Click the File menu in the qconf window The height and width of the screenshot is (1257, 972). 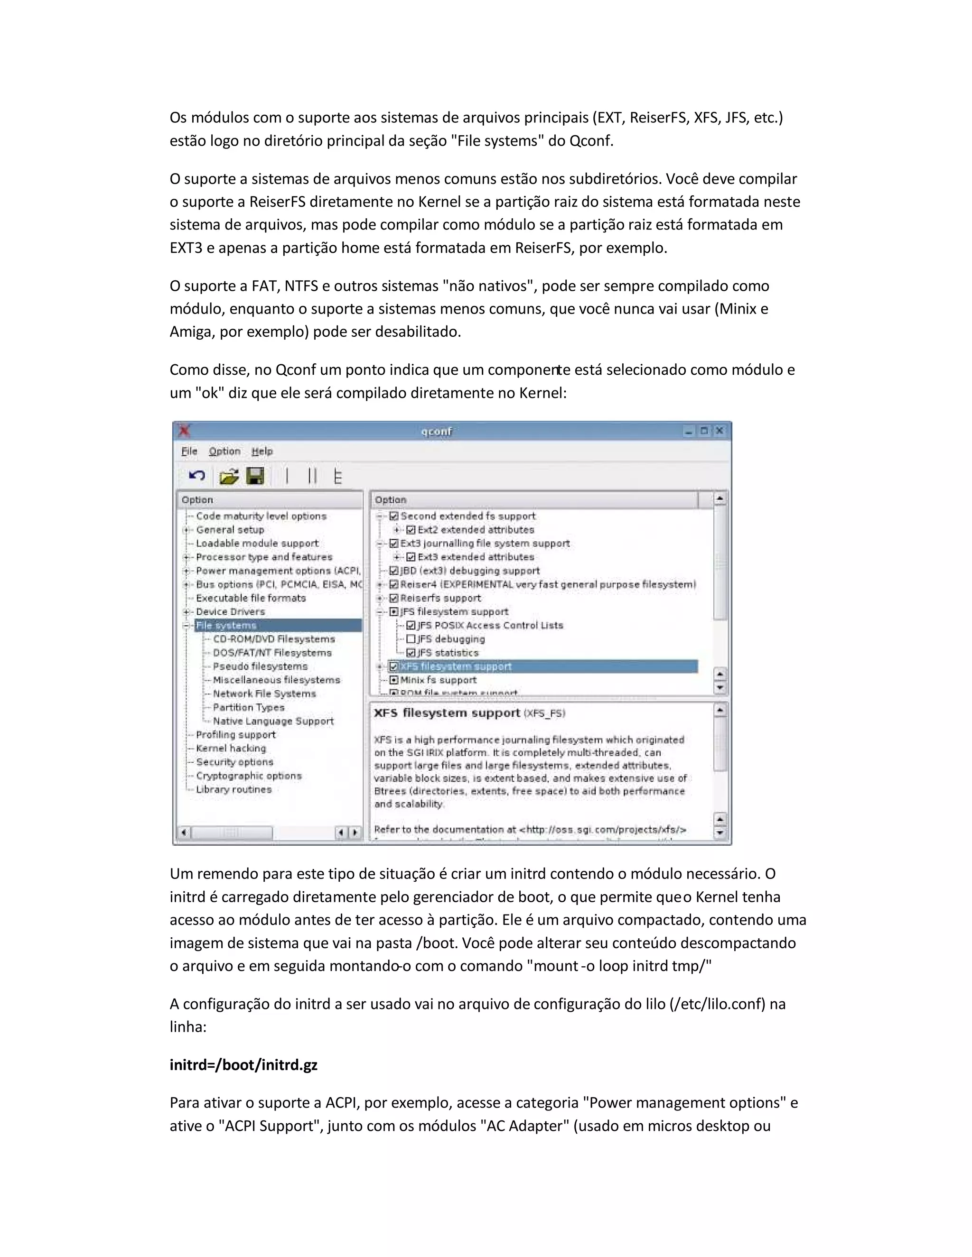coord(189,451)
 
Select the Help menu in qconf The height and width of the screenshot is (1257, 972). coord(262,451)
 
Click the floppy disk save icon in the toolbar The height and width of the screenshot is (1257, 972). coord(255,476)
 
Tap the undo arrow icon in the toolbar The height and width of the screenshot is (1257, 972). coord(197,476)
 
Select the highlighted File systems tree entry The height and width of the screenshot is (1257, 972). coord(226,626)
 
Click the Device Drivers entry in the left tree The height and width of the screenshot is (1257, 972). coord(230,612)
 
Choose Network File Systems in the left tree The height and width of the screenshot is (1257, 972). coord(264,693)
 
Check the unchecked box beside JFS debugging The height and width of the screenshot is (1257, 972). coord(411,639)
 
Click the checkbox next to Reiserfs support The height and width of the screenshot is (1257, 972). coord(394,598)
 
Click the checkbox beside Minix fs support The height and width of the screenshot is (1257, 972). coord(394,680)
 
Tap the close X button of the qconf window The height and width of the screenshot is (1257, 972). coord(719,431)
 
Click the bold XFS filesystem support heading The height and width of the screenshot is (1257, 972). coord(447,713)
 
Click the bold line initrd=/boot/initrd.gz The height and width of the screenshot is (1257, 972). coord(243,1065)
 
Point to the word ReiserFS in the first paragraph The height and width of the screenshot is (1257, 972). coord(659,118)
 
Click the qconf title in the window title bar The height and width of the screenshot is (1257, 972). coord(437,431)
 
